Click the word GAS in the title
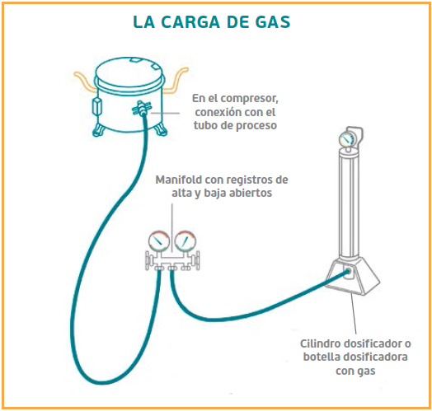coord(273,22)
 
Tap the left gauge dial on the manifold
coord(158,241)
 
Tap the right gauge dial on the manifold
coord(185,241)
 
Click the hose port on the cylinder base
coord(349,271)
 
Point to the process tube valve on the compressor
coord(142,109)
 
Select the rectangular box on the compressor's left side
coord(97,106)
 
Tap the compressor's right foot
coord(161,128)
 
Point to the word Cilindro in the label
coord(320,343)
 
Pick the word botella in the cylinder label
coord(320,357)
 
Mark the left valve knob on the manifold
coord(149,261)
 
